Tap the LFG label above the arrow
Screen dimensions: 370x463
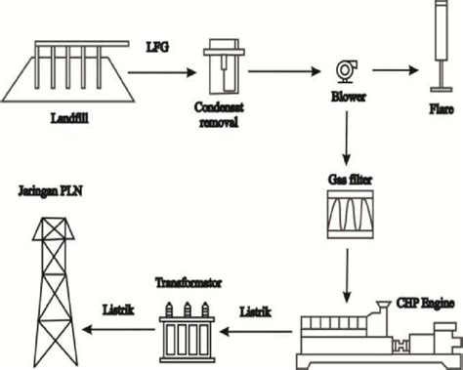point(156,48)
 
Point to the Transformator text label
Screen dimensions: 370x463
point(188,284)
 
